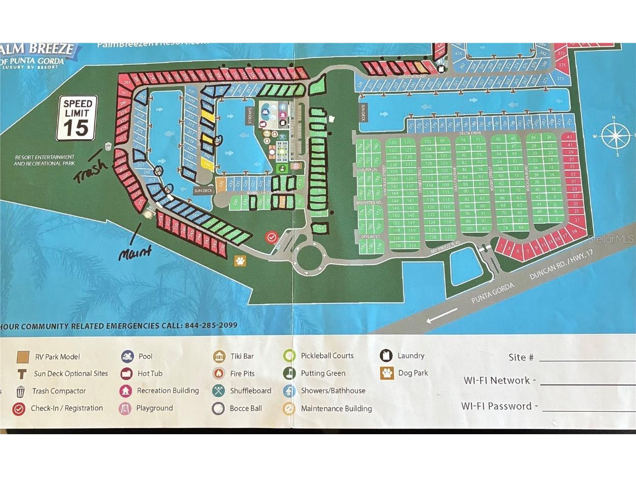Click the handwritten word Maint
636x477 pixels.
point(135,252)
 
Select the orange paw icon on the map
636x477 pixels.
point(240,261)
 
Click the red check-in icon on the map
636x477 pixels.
point(272,237)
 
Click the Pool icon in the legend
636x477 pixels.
point(127,356)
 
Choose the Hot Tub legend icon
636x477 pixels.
point(127,374)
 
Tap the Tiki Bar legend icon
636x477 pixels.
point(219,356)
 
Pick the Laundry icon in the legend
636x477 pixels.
point(387,356)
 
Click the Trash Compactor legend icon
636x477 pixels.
point(21,391)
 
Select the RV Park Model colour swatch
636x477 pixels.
point(22,357)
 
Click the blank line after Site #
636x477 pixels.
point(586,359)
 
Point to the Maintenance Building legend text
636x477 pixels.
point(336,408)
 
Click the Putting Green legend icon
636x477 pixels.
point(289,373)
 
